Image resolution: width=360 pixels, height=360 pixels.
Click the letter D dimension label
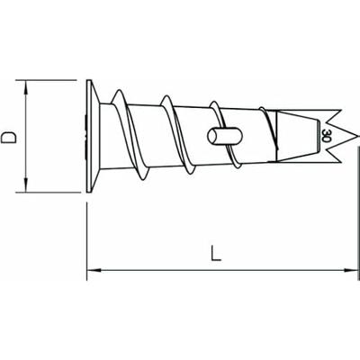coord(11,138)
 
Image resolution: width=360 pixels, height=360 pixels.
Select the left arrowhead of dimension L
coord(92,267)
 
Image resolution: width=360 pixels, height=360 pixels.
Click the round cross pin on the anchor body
coord(217,135)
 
